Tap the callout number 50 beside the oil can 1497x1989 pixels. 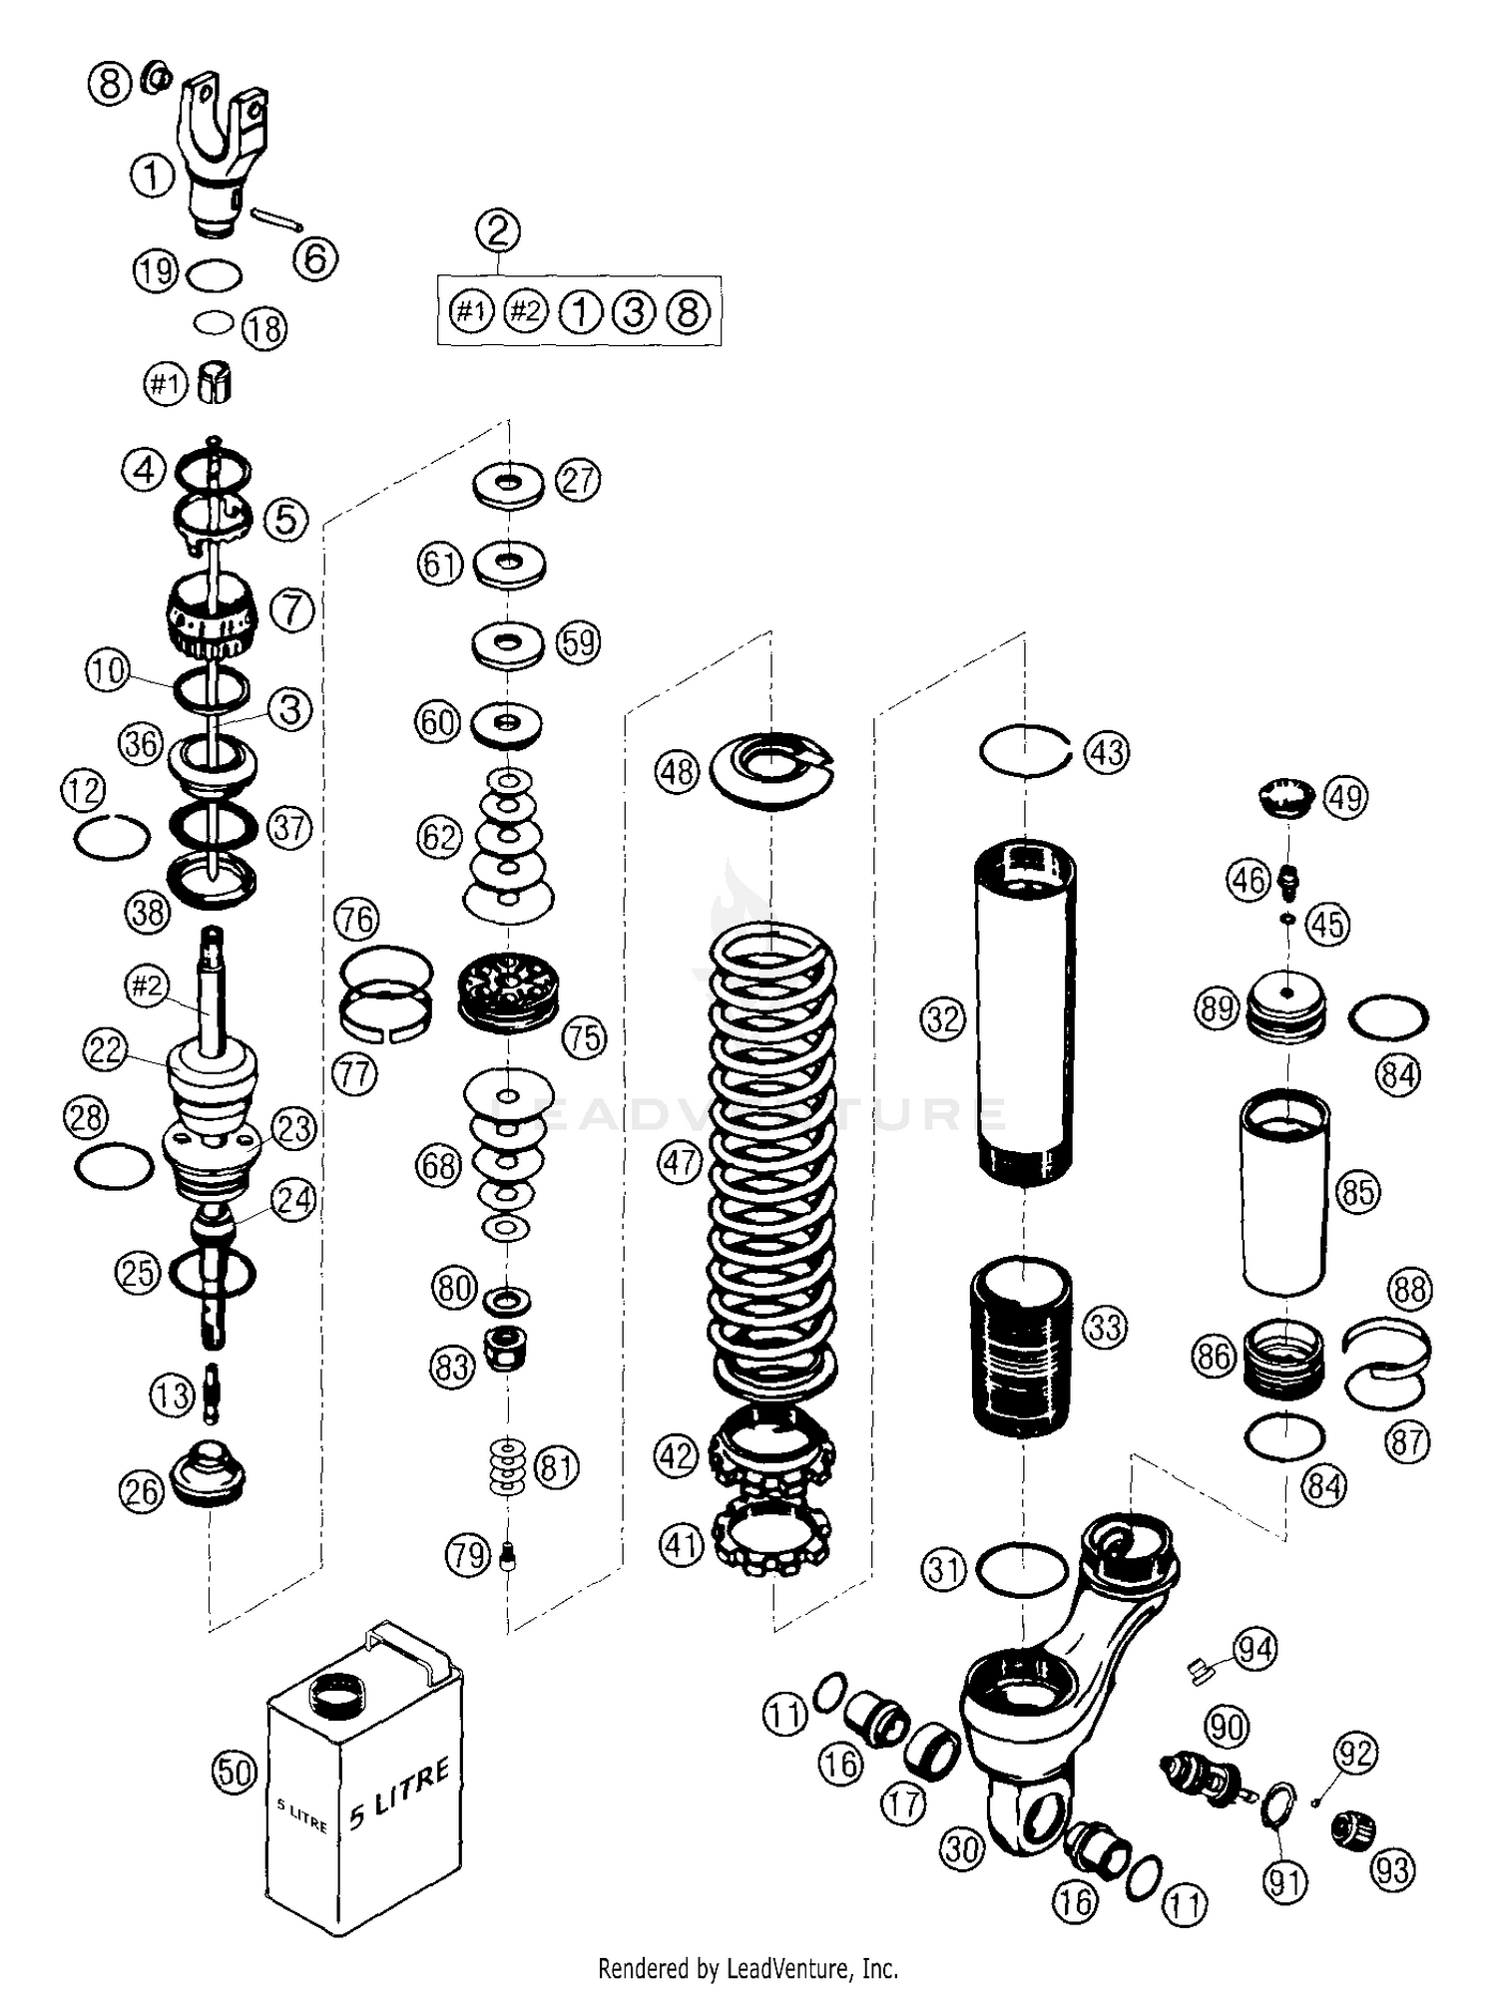tap(236, 1772)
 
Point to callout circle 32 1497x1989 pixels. tap(943, 1019)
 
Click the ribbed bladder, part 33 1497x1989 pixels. tap(1022, 1347)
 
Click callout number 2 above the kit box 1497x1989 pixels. tap(498, 230)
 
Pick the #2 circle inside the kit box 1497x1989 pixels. tap(525, 312)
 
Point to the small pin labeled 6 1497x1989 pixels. tap(276, 218)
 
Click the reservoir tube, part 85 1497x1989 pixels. tap(1284, 1192)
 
